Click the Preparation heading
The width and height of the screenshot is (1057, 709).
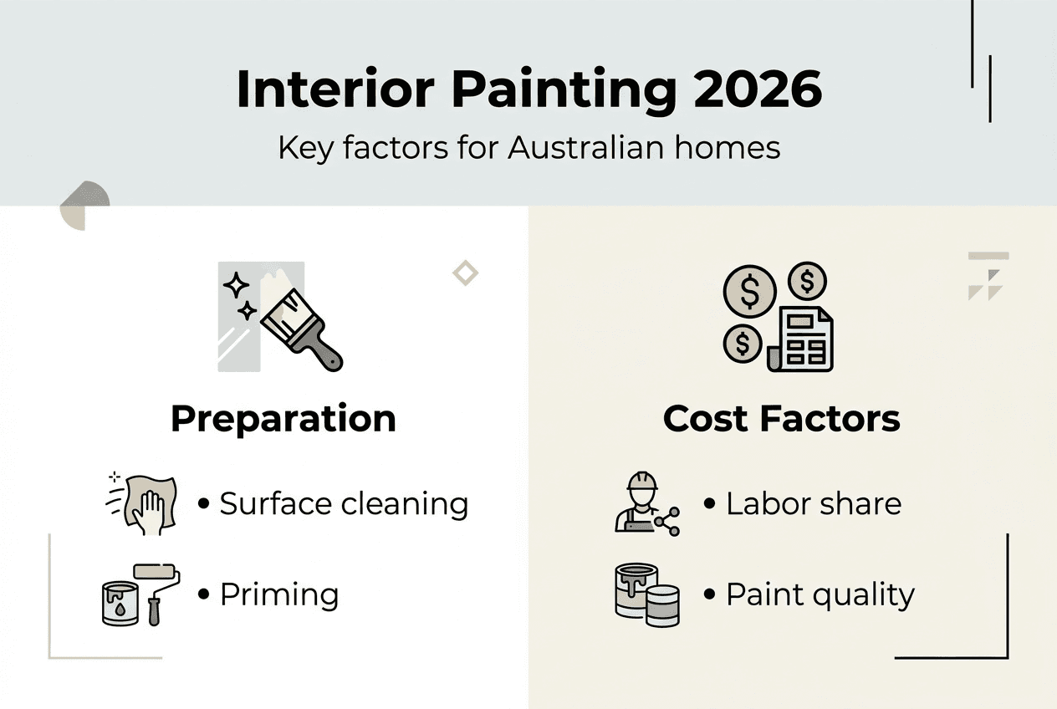click(283, 418)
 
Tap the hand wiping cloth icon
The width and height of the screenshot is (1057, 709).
click(145, 504)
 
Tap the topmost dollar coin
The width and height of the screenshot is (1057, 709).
click(806, 283)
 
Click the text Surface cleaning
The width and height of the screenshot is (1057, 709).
click(343, 504)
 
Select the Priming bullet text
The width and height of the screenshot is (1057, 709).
click(278, 595)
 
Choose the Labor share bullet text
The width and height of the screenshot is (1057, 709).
click(813, 504)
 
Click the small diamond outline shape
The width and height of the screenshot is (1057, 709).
click(465, 273)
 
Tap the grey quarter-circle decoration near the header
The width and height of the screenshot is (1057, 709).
click(84, 205)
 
